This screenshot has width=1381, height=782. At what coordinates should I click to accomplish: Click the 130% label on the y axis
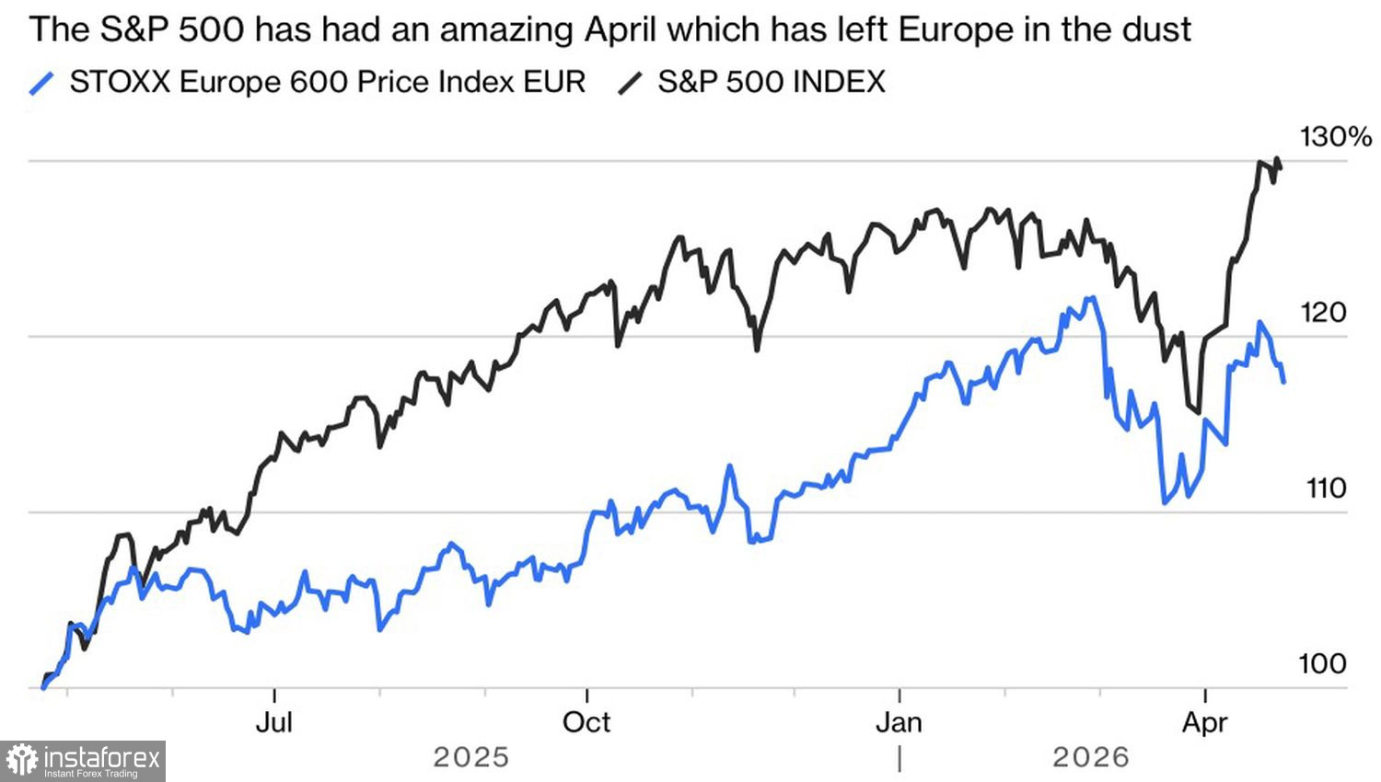click(1335, 138)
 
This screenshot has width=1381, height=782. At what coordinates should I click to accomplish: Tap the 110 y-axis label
click(1326, 489)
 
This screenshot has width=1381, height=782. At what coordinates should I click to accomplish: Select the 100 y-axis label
click(1321, 663)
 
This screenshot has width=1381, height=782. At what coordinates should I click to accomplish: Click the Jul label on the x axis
click(273, 722)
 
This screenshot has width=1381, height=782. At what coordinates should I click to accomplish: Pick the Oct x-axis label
click(586, 722)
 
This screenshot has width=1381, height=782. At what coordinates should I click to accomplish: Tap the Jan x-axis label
click(899, 722)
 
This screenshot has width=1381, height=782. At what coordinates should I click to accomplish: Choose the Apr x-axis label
click(1204, 722)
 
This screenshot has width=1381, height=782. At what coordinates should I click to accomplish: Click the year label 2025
click(470, 757)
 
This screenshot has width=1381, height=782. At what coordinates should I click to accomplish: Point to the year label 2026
click(1091, 757)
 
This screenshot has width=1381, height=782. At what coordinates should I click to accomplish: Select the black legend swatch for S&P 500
click(631, 83)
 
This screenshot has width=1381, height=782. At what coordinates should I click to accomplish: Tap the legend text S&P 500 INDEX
click(771, 82)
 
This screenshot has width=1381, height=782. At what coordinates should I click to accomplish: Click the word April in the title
click(621, 30)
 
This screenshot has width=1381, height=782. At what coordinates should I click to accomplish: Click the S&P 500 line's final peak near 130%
click(1276, 160)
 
